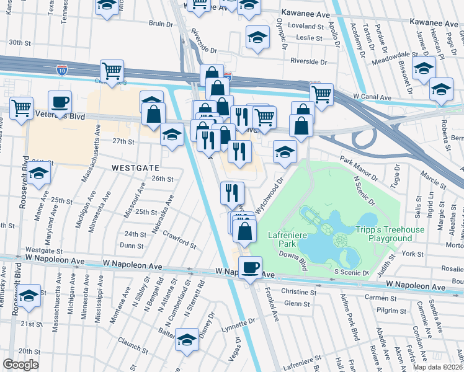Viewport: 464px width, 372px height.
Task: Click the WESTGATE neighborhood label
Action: (x=136, y=167)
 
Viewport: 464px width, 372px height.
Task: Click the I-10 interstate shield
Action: (x=61, y=69)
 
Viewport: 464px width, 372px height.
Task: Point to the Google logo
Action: (x=21, y=365)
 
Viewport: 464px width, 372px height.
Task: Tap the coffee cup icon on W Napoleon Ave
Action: (x=250, y=268)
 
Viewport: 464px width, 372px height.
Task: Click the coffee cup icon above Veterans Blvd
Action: (x=60, y=102)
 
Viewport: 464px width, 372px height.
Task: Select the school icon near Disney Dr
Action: (x=187, y=340)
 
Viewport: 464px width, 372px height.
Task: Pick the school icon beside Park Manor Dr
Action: (x=285, y=152)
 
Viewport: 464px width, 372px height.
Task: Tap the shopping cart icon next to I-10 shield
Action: (x=112, y=71)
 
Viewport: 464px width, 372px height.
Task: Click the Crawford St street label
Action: (x=180, y=239)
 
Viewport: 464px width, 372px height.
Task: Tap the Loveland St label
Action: (x=308, y=27)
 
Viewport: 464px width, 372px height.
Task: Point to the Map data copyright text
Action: (x=438, y=367)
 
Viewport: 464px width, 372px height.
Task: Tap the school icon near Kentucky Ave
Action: (x=29, y=295)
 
